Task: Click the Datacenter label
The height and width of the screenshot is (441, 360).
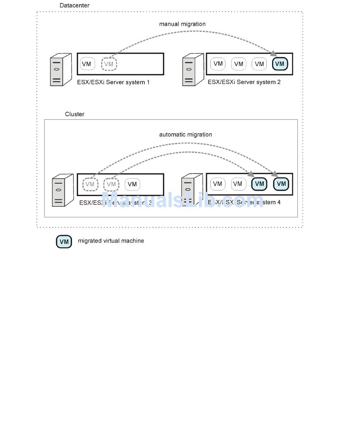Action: pos(74,6)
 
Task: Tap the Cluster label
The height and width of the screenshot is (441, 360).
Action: pos(75,114)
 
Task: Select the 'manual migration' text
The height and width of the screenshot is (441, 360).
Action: pos(182,24)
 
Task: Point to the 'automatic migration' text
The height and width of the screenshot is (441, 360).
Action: pos(185,135)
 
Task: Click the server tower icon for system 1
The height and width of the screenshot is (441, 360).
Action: pos(61,70)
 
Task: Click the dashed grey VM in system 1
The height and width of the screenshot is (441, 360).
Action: pos(109,64)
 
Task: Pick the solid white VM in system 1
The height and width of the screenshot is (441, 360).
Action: pos(87,64)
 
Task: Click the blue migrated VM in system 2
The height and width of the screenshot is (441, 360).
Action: pos(280,64)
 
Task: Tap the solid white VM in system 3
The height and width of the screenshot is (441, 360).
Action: pos(132,184)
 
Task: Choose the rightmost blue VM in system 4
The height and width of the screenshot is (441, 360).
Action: pos(282,184)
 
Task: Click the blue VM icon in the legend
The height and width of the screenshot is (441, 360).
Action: pos(64,242)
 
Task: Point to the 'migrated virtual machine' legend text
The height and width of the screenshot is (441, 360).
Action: pos(111,241)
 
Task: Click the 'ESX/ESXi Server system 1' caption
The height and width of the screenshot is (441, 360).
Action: pos(113,82)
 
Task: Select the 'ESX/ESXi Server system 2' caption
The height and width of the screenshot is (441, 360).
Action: pos(244,82)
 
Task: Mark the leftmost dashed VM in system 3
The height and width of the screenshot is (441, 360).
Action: pos(90,184)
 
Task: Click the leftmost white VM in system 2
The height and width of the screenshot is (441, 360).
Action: pos(218,64)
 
